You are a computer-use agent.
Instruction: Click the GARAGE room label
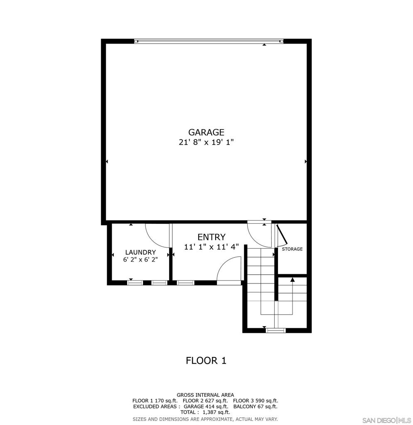[206, 132]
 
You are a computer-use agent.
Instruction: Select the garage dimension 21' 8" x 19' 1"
[206, 142]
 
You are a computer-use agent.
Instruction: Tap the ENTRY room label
[211, 237]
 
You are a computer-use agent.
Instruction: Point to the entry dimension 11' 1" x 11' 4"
[211, 247]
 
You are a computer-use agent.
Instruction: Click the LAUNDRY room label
[140, 252]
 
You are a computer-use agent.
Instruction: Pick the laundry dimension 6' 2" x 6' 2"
[140, 260]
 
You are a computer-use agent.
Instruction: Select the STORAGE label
[292, 249]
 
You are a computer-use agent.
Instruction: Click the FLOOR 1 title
[206, 361]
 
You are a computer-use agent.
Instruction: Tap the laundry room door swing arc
[156, 236]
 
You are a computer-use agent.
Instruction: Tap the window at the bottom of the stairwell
[276, 330]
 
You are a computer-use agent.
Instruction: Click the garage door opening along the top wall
[209, 41]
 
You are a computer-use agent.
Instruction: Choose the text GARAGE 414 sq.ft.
[206, 407]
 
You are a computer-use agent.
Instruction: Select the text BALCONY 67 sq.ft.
[255, 407]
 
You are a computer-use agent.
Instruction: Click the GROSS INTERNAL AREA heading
[205, 395]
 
